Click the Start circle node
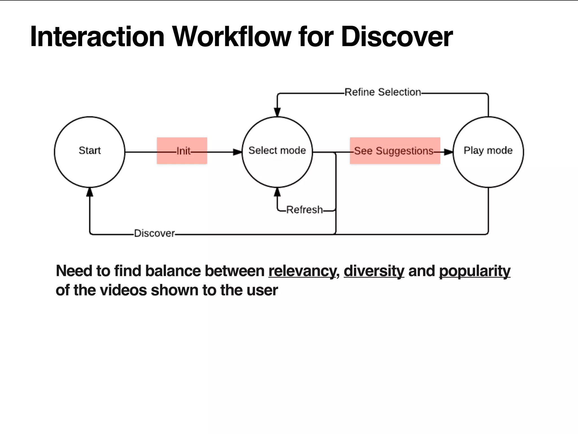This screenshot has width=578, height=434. [x=89, y=152]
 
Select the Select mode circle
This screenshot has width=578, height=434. [x=277, y=152]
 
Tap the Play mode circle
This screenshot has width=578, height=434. [x=488, y=152]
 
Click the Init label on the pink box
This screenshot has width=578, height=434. [x=183, y=151]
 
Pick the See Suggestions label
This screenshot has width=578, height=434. [x=394, y=151]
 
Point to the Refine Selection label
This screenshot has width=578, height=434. [x=382, y=92]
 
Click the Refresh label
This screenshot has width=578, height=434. [x=304, y=210]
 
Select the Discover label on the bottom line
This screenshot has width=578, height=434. [x=154, y=233]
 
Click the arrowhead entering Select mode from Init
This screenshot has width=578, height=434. [x=238, y=152]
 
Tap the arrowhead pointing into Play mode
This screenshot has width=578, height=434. [x=448, y=152]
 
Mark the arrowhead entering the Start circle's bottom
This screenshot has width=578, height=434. [x=89, y=192]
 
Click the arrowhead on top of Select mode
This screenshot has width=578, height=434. [x=277, y=112]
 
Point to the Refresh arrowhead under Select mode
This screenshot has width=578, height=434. [x=277, y=192]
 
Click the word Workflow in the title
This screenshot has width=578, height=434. [x=231, y=37]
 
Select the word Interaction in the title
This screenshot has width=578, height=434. [x=97, y=37]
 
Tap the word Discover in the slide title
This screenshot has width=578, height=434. [x=397, y=37]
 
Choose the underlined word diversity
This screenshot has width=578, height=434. [x=374, y=271]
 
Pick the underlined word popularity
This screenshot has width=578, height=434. [x=474, y=271]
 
